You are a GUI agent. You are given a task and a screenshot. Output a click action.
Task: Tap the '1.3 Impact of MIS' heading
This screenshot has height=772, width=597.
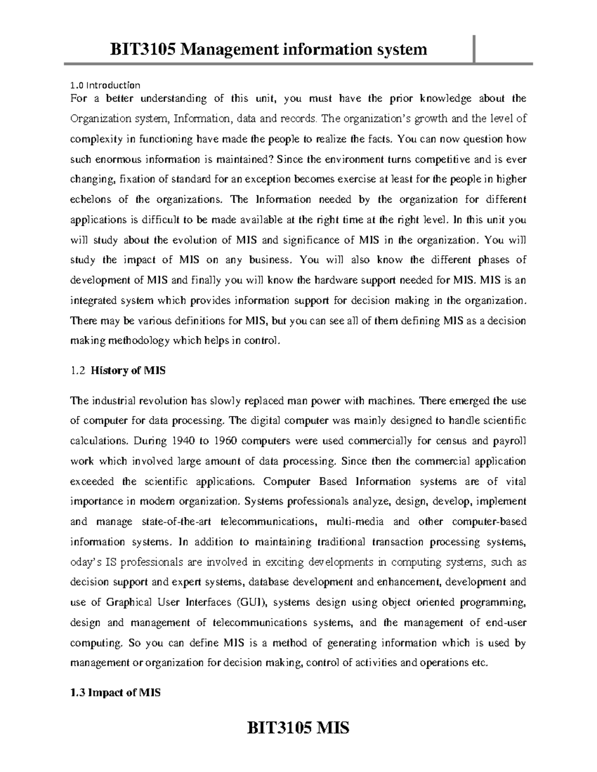coord(115,692)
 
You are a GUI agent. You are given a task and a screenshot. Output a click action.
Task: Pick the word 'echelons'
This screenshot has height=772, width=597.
coord(91,199)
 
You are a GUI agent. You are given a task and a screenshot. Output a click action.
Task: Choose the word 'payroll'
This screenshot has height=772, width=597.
coord(509,440)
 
